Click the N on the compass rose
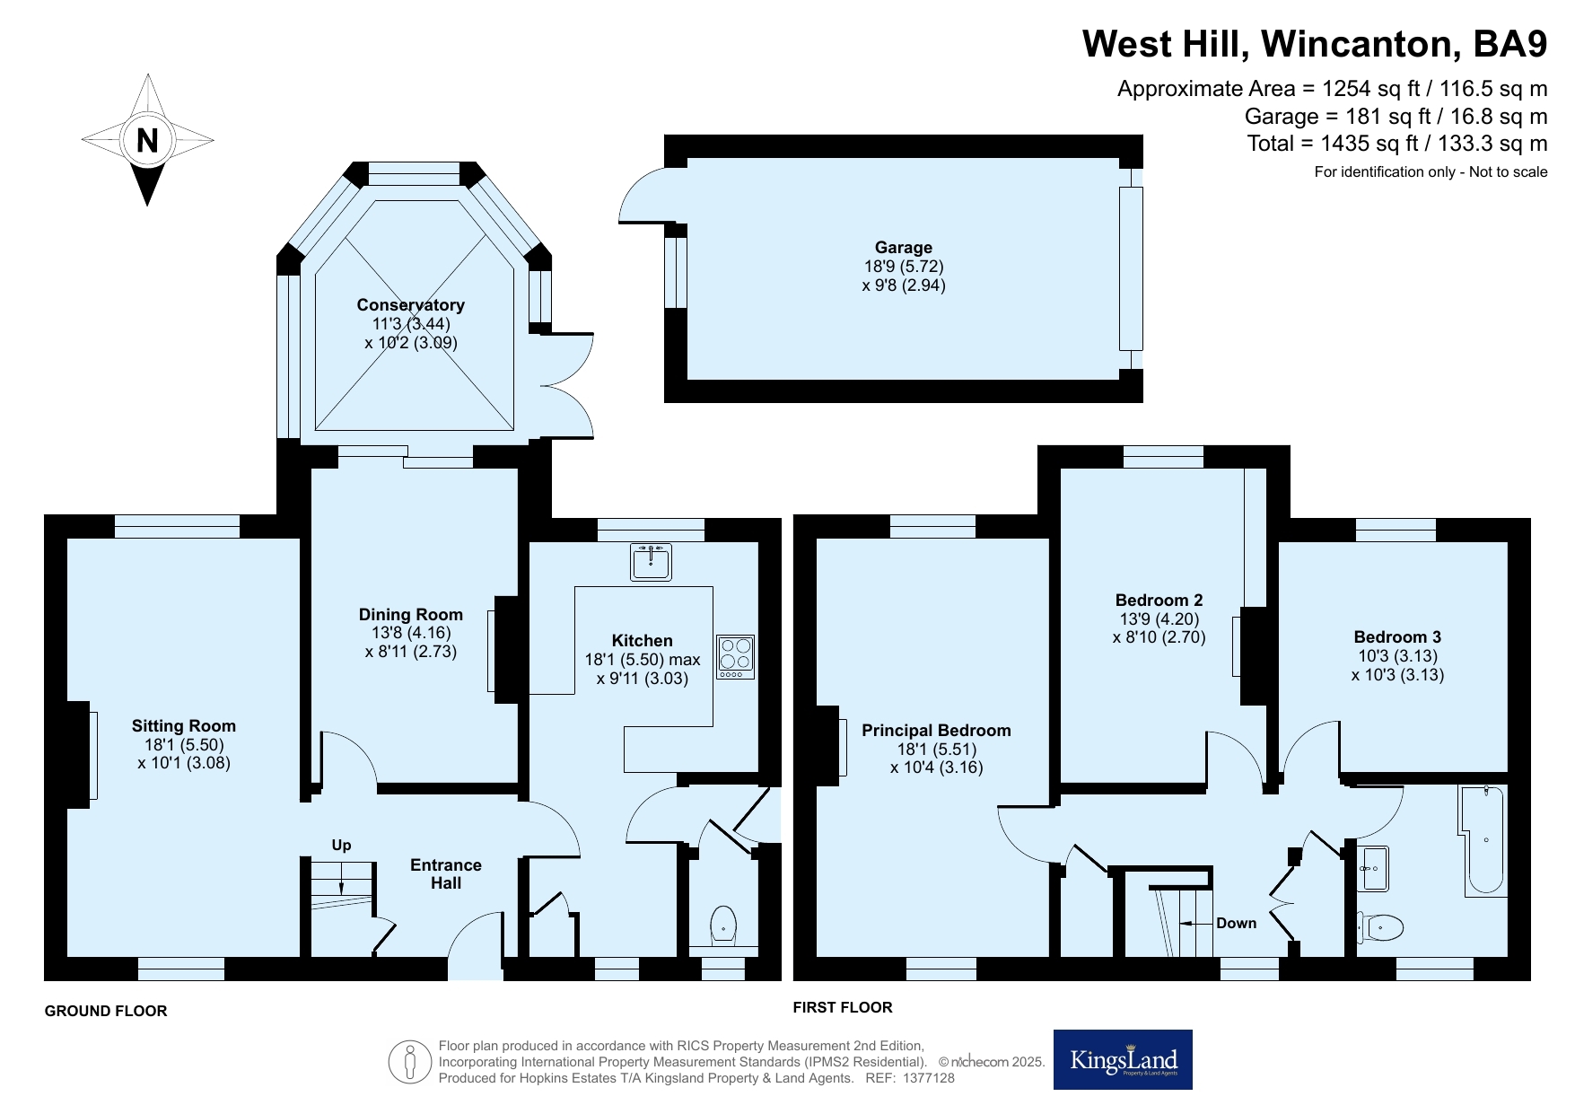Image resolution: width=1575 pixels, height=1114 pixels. [147, 141]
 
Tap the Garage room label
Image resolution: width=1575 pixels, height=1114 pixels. [904, 247]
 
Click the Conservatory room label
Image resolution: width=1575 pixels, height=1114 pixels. [411, 304]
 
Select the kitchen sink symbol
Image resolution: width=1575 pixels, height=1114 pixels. [651, 561]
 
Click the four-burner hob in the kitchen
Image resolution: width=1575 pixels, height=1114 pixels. [736, 657]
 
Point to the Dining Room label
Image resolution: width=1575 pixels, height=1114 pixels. [411, 614]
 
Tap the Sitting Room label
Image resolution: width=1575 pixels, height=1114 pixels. [184, 725]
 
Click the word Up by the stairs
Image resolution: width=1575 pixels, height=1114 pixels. [342, 845]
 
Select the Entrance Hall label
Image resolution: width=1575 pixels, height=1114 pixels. [446, 873]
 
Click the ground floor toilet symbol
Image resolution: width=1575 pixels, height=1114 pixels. [723, 925]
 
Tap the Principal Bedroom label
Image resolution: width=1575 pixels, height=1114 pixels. [936, 731]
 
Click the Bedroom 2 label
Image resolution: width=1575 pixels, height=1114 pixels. [1159, 600]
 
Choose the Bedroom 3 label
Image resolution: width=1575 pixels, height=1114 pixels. [1398, 637]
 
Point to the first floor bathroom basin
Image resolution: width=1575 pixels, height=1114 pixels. [1373, 868]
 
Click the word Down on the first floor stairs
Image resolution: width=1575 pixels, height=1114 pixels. [1237, 923]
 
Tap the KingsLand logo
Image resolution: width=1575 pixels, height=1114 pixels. [1123, 1059]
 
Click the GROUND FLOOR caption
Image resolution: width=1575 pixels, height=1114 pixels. [106, 1011]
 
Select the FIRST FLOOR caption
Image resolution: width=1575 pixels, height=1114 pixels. [843, 1007]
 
